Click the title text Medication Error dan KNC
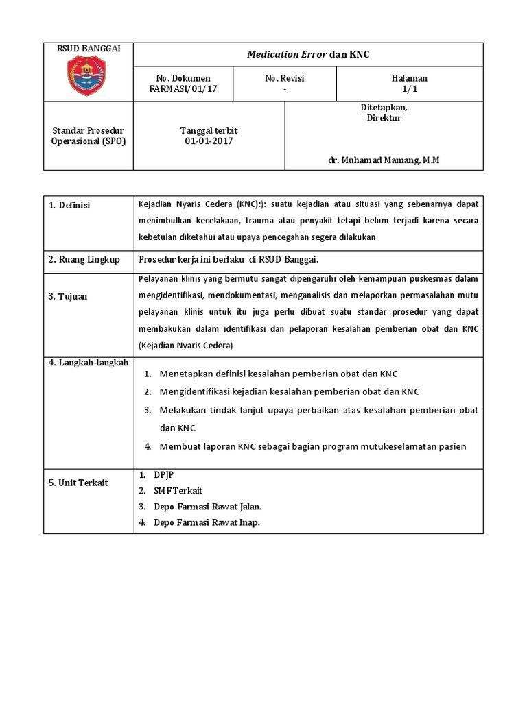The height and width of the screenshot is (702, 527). tap(308, 54)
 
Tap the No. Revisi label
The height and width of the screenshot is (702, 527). tap(284, 78)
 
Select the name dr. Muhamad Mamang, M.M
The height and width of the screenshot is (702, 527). tap(384, 160)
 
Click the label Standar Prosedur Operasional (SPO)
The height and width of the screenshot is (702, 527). tap(88, 136)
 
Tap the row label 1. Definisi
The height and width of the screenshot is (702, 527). tap(69, 206)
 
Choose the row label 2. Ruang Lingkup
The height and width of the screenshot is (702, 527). tap(84, 259)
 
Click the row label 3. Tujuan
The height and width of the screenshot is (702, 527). tap(67, 296)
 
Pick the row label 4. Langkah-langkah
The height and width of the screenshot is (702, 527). tap(89, 363)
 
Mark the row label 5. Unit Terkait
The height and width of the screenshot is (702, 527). tap(78, 483)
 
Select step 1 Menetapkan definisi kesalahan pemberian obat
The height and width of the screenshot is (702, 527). tap(279, 374)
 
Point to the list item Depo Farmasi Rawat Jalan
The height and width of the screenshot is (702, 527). tap(207, 507)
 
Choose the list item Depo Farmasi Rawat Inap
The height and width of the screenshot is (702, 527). tap(207, 522)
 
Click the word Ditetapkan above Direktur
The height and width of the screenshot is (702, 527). tap(384, 108)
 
